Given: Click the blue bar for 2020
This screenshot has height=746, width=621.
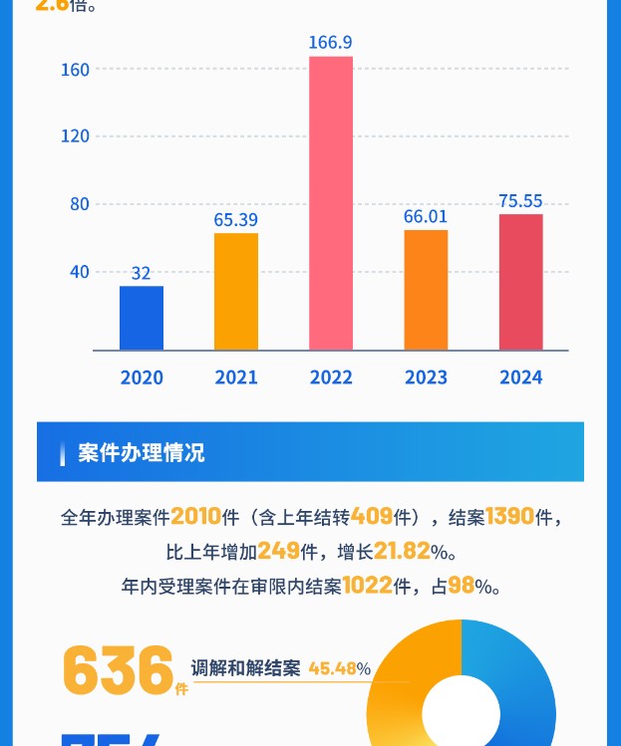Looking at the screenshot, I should click(142, 318).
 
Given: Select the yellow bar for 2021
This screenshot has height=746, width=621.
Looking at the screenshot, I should click(236, 291).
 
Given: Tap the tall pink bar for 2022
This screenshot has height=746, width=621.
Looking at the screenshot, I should click(331, 203).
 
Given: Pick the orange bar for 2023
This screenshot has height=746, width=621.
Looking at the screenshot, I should click(426, 290).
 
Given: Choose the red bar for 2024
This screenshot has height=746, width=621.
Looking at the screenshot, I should click(520, 282).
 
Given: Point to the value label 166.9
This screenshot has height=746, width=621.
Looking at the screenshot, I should click(331, 43).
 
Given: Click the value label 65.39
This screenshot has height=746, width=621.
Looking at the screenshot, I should click(236, 219).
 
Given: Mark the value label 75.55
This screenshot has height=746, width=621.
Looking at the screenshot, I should click(520, 201).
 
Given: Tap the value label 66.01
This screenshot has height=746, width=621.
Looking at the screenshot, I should click(426, 216).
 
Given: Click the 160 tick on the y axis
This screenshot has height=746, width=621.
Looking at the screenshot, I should click(76, 70).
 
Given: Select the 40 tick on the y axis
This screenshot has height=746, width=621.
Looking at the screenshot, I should click(79, 272).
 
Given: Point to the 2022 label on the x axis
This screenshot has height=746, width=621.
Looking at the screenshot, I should click(331, 377).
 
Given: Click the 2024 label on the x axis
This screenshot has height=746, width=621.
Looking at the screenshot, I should click(520, 377).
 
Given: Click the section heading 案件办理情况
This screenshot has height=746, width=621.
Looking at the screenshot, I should click(142, 452).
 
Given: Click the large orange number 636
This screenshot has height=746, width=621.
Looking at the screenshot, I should click(118, 670).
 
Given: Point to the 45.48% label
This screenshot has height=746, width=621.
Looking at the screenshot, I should click(339, 668).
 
